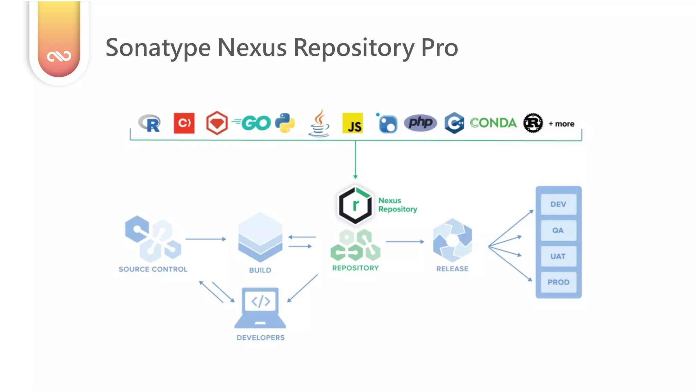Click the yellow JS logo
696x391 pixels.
[x=352, y=123]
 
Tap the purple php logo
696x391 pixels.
[x=420, y=123]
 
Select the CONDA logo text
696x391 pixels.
[x=493, y=123]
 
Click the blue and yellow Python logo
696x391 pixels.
[x=285, y=123]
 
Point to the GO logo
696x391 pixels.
[x=253, y=123]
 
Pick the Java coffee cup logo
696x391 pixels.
[x=319, y=123]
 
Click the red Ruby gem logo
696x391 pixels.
[x=217, y=123]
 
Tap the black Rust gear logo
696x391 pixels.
[x=533, y=123]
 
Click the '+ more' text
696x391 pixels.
[x=561, y=124]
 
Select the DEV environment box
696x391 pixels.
[x=558, y=204]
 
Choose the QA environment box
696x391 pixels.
[x=558, y=230]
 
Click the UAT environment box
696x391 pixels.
[x=558, y=256]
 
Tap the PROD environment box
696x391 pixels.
[x=558, y=282]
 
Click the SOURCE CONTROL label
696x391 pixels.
[x=153, y=269]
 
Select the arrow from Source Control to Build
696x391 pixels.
[x=206, y=239]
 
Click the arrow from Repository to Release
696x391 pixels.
[x=405, y=242]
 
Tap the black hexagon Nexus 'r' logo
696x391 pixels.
[x=355, y=205]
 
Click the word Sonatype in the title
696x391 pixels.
[x=158, y=48]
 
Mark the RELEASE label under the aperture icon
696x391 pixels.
[x=452, y=269]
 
